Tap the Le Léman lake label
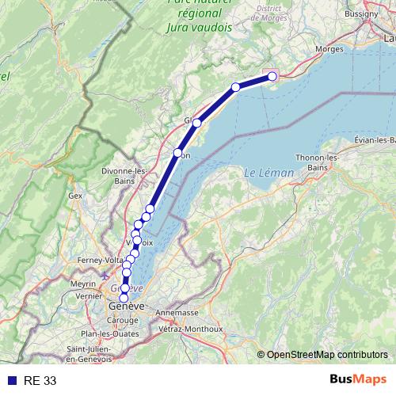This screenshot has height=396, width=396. [x=263, y=173]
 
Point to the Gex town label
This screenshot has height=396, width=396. [x=75, y=195]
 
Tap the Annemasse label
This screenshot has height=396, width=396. [x=177, y=312]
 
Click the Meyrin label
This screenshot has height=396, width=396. [x=82, y=283]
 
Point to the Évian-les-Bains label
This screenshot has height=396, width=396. [x=375, y=140]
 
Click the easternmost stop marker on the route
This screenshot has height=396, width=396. [x=272, y=76]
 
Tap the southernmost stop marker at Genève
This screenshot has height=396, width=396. [x=124, y=299]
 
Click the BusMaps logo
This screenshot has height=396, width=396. [x=359, y=380]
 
